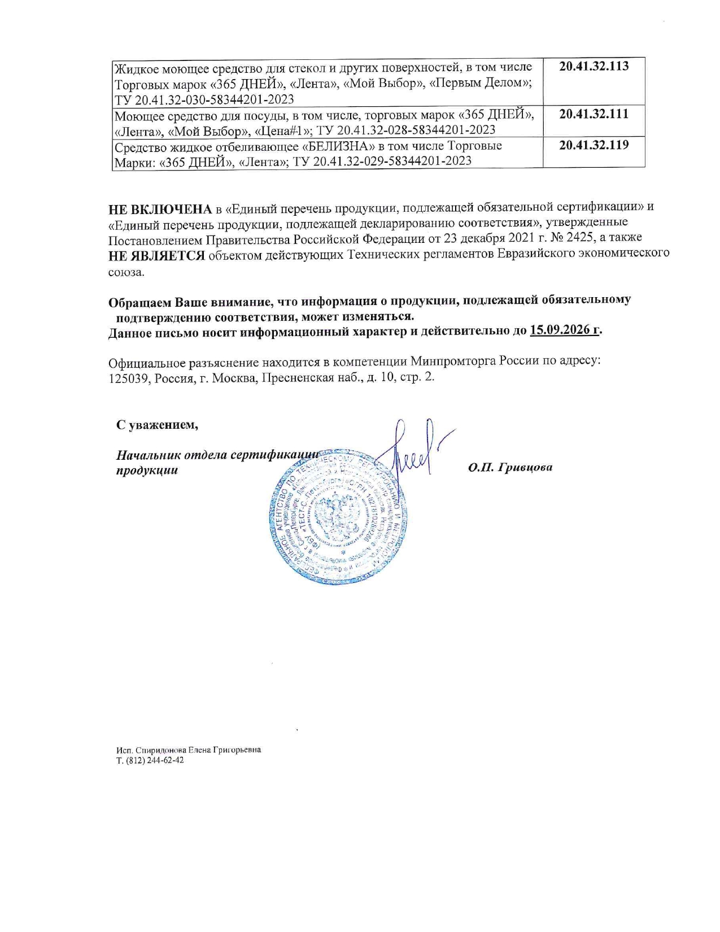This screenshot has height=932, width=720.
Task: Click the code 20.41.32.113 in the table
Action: coord(594,66)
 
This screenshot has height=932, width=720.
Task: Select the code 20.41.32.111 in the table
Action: coord(594,114)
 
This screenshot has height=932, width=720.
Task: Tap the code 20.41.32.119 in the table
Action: coord(594,145)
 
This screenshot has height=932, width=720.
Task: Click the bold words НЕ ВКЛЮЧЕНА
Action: coord(160,208)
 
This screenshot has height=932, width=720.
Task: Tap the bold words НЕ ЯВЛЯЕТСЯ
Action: coord(157,255)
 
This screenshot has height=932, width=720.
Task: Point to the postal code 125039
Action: coord(128,377)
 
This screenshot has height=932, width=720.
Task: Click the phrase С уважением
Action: coord(157,425)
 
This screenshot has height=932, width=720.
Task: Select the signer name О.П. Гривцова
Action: coord(510,468)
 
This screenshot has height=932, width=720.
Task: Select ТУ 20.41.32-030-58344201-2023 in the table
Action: coord(204,100)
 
